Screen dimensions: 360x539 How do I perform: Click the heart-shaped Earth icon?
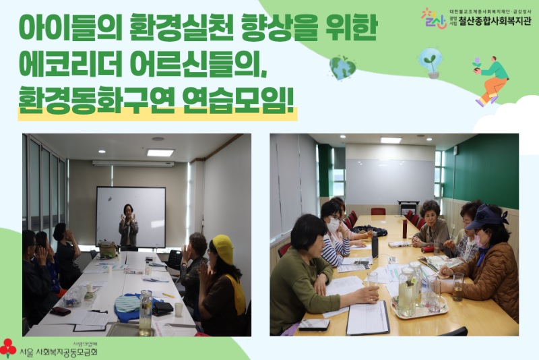[342, 67]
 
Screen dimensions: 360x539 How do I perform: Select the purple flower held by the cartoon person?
[477, 62]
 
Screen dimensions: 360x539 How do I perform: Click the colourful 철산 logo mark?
[433, 18]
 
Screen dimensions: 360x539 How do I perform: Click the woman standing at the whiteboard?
[128, 226]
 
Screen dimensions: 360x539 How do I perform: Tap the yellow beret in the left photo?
[222, 248]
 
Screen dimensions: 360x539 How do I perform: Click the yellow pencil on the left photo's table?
[168, 295]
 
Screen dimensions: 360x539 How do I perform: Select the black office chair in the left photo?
[175, 259]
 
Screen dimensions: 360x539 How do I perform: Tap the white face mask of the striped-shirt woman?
[334, 224]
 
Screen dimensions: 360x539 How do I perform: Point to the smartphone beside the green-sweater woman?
[314, 324]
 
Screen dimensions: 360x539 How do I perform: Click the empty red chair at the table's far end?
[378, 211]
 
